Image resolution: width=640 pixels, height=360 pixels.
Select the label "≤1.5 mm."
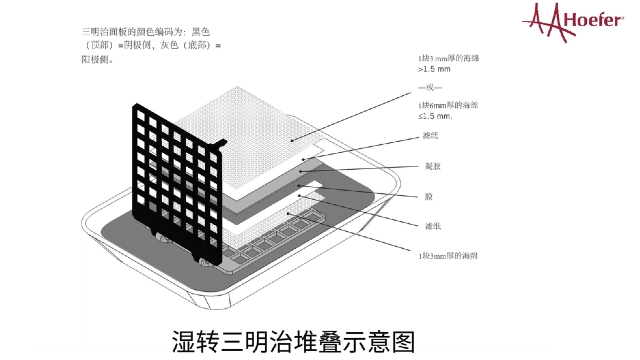pos(437,117)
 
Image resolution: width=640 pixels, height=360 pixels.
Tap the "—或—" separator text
pos(432,89)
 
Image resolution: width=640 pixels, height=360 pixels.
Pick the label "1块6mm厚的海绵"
pos(448,104)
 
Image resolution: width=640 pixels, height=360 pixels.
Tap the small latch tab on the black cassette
pos(219,144)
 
